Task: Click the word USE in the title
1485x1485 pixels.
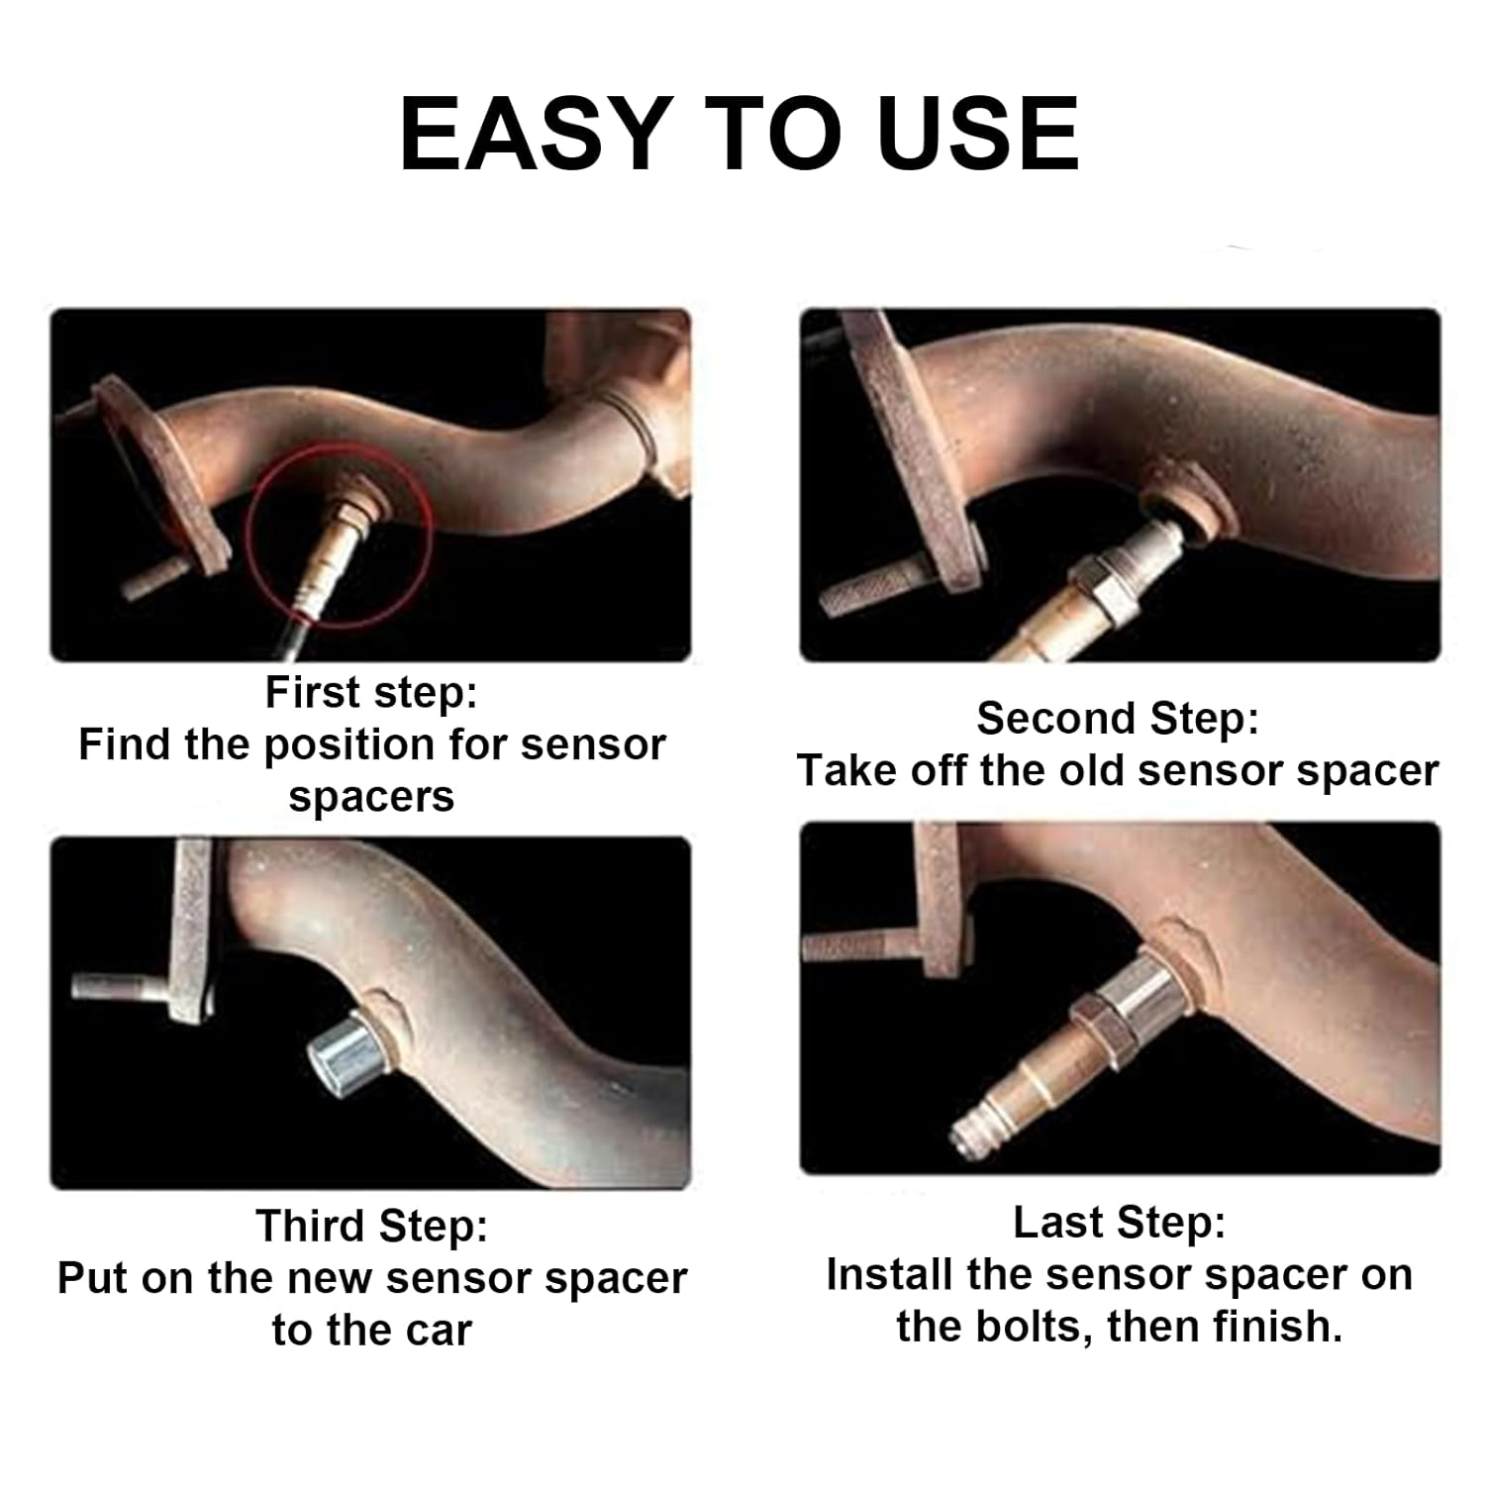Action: click(978, 135)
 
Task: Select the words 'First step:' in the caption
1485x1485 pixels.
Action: click(371, 692)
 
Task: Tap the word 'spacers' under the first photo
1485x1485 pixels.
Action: click(371, 798)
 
